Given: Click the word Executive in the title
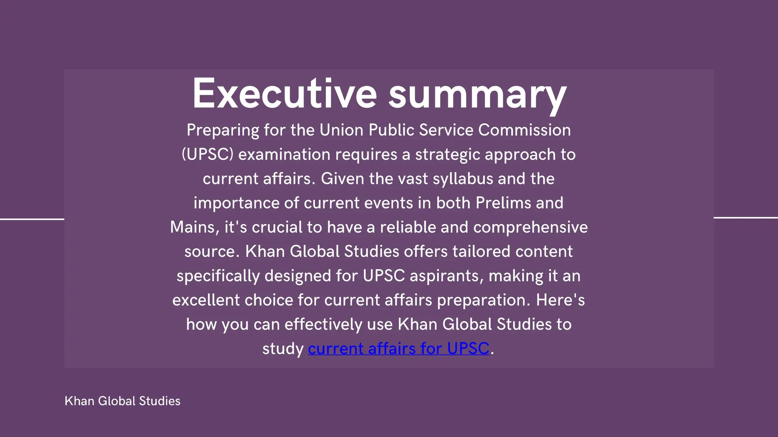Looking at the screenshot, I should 285,94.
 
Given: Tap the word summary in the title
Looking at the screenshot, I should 478,95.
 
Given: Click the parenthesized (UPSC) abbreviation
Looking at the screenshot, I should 207,155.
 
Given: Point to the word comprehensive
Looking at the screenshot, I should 530,228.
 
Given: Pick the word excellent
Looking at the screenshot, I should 206,300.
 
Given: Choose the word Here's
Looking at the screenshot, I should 560,300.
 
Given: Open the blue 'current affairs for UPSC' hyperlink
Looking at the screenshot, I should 398,349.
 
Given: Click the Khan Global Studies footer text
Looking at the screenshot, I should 122,401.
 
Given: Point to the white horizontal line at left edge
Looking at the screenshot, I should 32,219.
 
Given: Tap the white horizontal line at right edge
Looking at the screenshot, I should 745,217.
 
